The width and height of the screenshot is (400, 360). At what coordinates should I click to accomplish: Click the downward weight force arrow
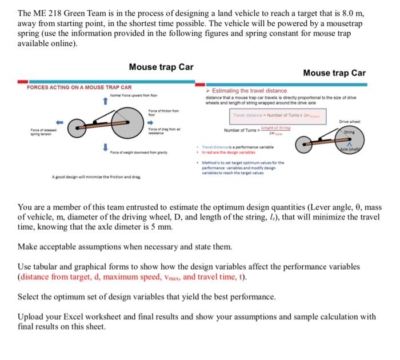[x=105, y=147]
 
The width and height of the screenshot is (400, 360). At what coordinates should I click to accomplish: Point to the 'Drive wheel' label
[x=351, y=122]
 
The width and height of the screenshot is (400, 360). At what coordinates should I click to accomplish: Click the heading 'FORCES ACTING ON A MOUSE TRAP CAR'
[x=79, y=87]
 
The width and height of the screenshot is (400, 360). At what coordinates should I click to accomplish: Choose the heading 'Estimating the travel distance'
[x=250, y=91]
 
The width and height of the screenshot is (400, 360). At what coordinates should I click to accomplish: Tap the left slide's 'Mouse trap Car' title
[x=161, y=67]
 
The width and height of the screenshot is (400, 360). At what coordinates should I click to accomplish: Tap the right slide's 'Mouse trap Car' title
[x=334, y=73]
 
